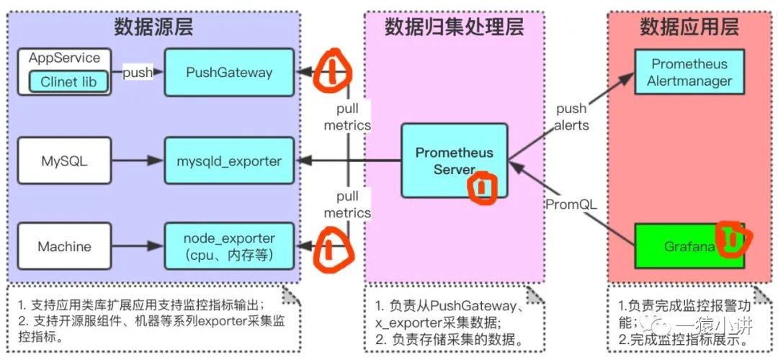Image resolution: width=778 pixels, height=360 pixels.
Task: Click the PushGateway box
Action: point(229,72)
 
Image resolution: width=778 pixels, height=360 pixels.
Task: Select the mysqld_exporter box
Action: point(229,161)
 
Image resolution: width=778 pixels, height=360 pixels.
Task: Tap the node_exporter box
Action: point(229,246)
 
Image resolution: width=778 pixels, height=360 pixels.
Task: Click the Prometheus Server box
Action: point(454,161)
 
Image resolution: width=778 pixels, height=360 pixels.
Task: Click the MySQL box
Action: point(63,161)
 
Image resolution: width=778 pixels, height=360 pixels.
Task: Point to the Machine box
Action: point(63,246)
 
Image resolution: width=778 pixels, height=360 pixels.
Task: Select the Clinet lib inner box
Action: point(68,82)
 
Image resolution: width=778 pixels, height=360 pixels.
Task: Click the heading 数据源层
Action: point(153,27)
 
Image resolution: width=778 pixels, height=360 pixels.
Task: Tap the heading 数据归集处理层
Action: point(454,27)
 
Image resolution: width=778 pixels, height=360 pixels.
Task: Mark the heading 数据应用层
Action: point(689,27)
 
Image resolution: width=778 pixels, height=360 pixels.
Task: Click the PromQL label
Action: point(571,204)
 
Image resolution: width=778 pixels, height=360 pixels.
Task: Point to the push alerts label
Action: point(572,117)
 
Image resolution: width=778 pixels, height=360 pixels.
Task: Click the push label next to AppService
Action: point(138,73)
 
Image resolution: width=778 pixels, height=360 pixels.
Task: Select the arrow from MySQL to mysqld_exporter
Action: point(137,161)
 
